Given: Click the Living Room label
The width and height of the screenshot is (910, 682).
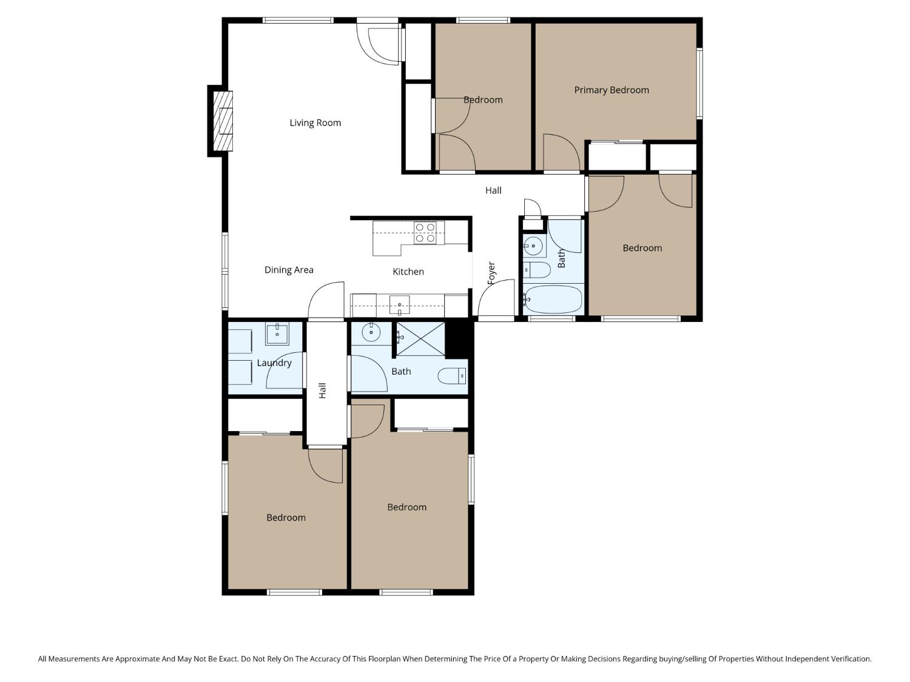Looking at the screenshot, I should coord(315,122).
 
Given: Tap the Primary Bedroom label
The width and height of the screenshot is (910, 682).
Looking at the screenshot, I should coord(611,90).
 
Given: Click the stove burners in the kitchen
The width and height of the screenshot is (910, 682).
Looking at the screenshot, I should coord(425,233).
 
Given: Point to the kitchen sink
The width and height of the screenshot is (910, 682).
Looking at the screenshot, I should coord(399,305).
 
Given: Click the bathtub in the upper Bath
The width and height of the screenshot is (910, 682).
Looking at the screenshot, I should coord(553,299).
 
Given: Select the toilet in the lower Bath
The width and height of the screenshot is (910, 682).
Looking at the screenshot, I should coord(452,376).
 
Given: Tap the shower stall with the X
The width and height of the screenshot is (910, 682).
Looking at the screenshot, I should coord(420,338).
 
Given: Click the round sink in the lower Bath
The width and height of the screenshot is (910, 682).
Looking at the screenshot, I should coord(371,332).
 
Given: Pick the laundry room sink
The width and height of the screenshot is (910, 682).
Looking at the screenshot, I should coord(277,333).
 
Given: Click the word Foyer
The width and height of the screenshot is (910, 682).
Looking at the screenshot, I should coord(491,273).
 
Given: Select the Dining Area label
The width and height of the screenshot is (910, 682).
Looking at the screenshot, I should coord(289,270).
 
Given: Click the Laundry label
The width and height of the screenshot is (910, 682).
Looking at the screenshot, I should coord(274,363).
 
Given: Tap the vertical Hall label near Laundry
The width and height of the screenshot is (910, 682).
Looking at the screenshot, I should coord(323,390).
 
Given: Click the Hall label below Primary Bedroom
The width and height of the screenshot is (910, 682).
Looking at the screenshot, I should coord(493,190).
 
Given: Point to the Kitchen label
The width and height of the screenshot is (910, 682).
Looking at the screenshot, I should coord(408,272).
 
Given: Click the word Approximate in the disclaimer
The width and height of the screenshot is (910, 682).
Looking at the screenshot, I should coord(137,658).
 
